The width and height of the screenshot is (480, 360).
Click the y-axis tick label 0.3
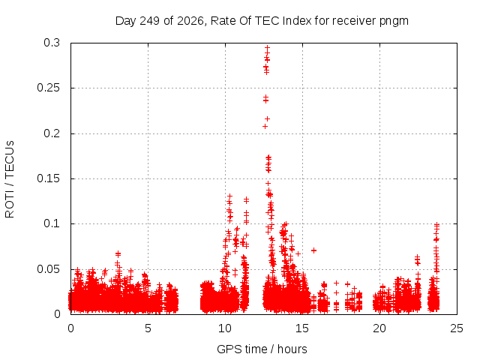[x=52, y=43]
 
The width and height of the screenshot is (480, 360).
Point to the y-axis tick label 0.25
[x=48, y=88]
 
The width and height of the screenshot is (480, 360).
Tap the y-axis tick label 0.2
[x=52, y=133]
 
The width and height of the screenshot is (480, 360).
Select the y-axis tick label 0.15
[x=48, y=178]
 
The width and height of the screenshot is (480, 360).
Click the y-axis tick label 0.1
[x=52, y=223]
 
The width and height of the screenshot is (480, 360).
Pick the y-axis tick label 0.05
[x=48, y=269]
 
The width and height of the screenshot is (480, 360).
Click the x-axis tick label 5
[x=148, y=328]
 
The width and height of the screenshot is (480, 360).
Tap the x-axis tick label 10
[x=225, y=328]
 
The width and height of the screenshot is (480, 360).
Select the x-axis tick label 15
[x=302, y=328]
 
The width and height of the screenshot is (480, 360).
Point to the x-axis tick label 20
[x=379, y=328]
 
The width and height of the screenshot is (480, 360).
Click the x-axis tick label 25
[x=457, y=328]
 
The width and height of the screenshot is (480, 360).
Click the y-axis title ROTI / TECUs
[x=10, y=179]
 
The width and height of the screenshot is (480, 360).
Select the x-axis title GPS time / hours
[x=262, y=349]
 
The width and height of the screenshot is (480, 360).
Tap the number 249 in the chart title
[x=150, y=21]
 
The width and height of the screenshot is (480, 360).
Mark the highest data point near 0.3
[x=268, y=48]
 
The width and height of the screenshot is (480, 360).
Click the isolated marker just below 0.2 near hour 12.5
[x=265, y=127]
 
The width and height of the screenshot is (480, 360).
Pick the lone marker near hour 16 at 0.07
[x=313, y=250]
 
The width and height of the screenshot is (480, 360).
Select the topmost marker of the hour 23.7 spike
[x=436, y=225]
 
